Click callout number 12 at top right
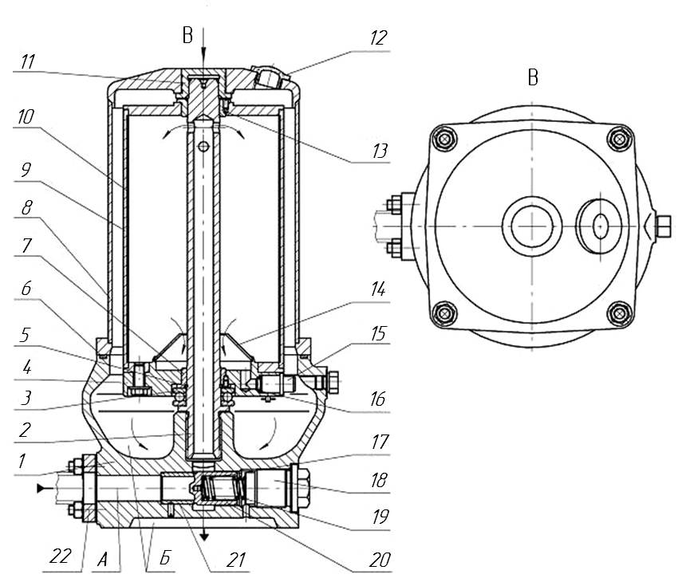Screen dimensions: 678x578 click(378, 38)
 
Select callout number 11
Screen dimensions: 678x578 click(28, 61)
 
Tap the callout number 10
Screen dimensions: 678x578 click(26, 116)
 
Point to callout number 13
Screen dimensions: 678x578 click(380, 151)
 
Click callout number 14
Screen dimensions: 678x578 click(378, 289)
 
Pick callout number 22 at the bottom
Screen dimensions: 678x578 click(60, 556)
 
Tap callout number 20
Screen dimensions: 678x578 click(380, 560)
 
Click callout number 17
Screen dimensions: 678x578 click(380, 442)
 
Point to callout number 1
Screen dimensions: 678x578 click(22, 461)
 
